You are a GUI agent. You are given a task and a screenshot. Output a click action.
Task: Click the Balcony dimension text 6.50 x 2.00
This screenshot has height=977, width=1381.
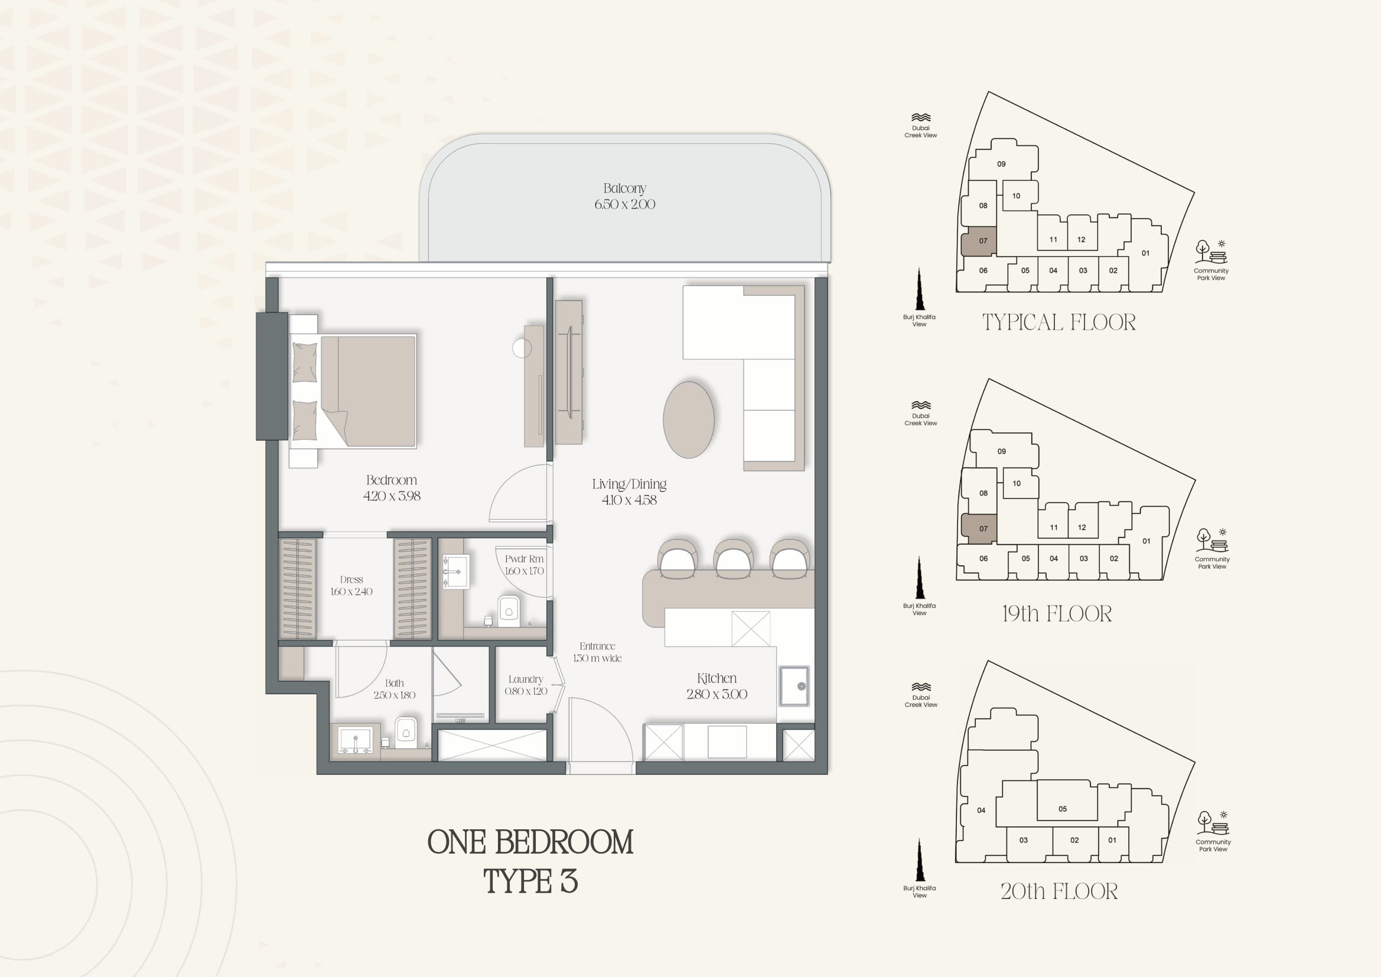(x=624, y=204)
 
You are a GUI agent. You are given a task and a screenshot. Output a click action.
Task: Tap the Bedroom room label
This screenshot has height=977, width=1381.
(x=392, y=480)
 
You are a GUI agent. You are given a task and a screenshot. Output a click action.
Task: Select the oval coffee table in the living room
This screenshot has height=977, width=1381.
(x=689, y=419)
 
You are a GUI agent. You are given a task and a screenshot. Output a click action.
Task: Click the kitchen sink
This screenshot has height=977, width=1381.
(x=794, y=686)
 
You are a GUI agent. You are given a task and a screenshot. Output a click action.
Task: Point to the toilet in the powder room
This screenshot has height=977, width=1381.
(x=509, y=611)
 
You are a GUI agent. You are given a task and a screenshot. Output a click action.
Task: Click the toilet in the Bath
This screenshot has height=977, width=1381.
(x=406, y=732)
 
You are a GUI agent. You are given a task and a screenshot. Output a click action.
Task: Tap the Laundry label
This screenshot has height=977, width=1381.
(x=526, y=679)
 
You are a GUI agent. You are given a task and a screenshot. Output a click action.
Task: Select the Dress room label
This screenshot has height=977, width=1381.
(x=351, y=579)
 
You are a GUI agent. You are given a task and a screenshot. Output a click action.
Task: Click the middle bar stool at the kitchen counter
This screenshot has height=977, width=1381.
(x=733, y=559)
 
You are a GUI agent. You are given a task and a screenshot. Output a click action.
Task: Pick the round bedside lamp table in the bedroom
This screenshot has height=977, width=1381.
(x=522, y=348)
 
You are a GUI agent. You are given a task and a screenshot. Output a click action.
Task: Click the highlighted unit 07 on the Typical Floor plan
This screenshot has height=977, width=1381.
(x=979, y=241)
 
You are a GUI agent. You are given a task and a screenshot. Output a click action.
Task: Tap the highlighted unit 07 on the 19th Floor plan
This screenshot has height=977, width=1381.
(x=979, y=529)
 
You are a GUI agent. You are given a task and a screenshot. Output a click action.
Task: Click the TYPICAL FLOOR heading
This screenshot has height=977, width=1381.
(x=1059, y=323)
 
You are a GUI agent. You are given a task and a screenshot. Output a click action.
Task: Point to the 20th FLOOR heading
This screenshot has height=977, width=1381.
(x=1059, y=891)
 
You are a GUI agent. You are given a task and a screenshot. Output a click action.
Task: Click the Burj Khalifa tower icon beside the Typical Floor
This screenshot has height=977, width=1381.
(x=919, y=289)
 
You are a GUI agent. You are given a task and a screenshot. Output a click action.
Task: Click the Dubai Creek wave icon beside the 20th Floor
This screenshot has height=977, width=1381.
(x=921, y=687)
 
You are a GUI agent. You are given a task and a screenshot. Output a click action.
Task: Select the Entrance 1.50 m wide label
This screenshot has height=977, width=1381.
(x=597, y=652)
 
